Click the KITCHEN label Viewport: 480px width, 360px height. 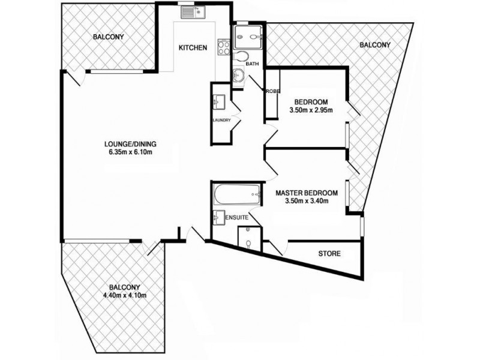[x=193, y=47]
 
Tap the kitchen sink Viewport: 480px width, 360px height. [x=193, y=11]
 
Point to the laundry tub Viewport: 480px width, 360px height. [x=218, y=102]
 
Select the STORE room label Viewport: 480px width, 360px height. [x=329, y=254]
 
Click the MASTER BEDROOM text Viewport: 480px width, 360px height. [x=307, y=193]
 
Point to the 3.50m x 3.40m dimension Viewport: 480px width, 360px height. [x=307, y=201]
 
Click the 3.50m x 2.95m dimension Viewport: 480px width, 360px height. [x=311, y=109]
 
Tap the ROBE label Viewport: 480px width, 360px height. [x=273, y=91]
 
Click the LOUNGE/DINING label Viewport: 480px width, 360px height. [x=130, y=143]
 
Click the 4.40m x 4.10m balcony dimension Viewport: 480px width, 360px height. [x=125, y=295]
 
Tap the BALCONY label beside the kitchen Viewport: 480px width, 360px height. [x=109, y=37]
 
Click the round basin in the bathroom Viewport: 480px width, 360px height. [x=239, y=76]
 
